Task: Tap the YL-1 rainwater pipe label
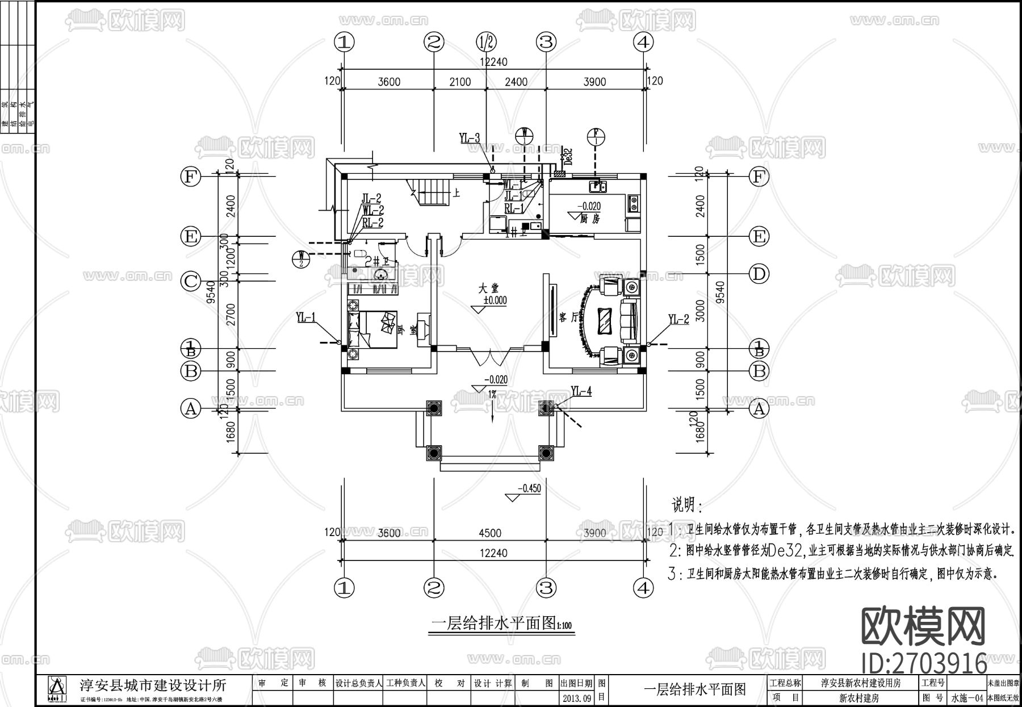(305, 317)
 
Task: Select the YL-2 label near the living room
(678, 319)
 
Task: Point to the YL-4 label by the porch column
(581, 391)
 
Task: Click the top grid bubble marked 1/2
(486, 41)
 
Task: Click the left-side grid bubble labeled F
(191, 177)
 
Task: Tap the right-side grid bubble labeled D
(759, 274)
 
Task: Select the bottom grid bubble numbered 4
(643, 588)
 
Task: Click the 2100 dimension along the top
(460, 82)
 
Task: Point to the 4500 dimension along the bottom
(489, 533)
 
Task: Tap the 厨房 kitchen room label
(590, 218)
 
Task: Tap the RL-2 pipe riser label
(372, 223)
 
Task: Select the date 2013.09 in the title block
(576, 697)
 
